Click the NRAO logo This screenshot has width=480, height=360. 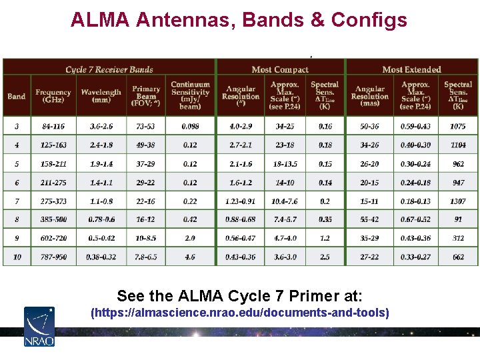click(39, 326)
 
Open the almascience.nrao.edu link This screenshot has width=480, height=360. click(239, 313)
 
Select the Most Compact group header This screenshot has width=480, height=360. click(280, 69)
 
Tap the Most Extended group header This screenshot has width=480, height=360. click(411, 69)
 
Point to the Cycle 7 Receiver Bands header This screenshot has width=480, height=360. click(109, 69)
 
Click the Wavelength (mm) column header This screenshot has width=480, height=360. click(101, 96)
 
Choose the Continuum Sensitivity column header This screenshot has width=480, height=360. click(190, 95)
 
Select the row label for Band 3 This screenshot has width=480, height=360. click(17, 127)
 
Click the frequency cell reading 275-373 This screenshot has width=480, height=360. click(53, 201)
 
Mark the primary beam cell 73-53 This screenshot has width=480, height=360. click(146, 127)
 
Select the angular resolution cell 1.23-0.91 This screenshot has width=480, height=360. click(241, 201)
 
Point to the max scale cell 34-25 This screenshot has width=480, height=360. click(285, 127)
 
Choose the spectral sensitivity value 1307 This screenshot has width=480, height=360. click(458, 201)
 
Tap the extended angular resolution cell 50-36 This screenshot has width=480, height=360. click(370, 127)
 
